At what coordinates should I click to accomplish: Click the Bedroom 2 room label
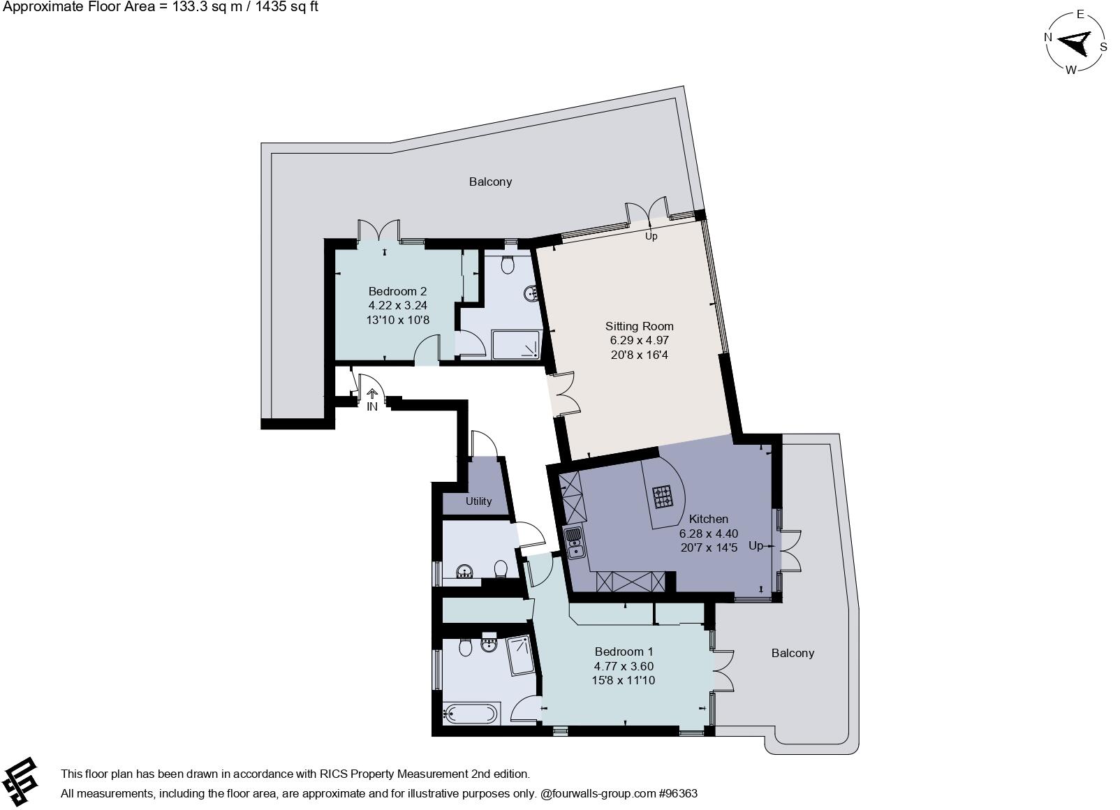coord(397,291)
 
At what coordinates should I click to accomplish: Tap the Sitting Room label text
coord(639,326)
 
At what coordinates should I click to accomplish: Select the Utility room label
coord(478,501)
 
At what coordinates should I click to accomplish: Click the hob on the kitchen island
coord(663,496)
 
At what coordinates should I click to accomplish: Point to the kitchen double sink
coord(575,543)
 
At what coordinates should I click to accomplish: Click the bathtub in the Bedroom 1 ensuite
coord(471,714)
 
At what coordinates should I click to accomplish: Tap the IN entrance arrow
coord(371,395)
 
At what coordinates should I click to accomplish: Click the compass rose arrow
coord(1075,43)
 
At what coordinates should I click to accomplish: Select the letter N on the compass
coord(1048,38)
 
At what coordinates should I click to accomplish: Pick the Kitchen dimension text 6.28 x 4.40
coord(708,533)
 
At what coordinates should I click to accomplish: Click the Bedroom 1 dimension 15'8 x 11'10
coord(624,680)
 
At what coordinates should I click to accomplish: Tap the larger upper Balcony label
coord(490,182)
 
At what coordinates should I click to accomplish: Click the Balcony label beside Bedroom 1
coord(793,653)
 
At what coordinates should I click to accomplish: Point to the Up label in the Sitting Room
coord(651,236)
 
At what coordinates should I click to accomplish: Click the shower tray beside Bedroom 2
coord(516,344)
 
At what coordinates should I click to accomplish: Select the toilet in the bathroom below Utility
coord(500,570)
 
